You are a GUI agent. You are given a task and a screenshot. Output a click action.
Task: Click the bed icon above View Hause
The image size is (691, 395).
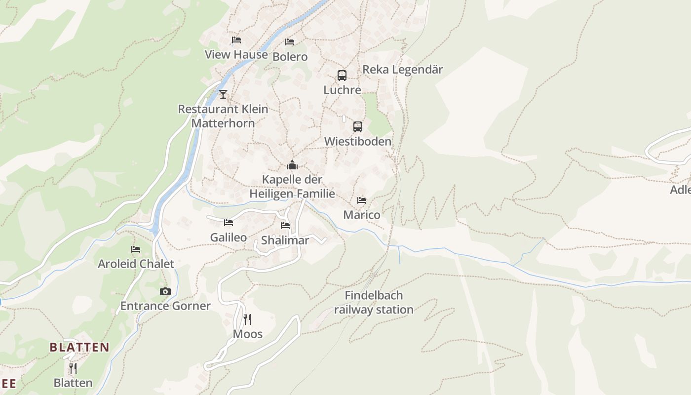tap(236, 39)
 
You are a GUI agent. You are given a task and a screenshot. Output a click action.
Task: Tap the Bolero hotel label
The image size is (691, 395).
tap(290, 57)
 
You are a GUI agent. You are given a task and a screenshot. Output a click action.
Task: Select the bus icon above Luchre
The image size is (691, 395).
tap(342, 75)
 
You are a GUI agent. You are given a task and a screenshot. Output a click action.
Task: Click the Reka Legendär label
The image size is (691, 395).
tap(402, 70)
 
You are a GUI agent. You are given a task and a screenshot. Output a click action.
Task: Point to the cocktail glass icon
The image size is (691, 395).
tap(223, 94)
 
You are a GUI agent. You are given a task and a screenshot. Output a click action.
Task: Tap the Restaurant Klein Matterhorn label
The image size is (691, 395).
tap(223, 116)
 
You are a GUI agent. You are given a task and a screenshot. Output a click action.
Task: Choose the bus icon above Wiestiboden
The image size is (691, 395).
tap(358, 127)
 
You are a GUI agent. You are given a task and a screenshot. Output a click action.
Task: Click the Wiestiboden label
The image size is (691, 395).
tap(357, 141)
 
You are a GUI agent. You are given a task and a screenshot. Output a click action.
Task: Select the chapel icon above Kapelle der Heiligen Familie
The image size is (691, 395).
tap(292, 165)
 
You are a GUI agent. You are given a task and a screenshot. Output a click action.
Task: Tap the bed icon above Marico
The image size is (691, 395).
tap(362, 200)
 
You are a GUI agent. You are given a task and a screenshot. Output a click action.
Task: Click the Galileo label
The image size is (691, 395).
tap(229, 237)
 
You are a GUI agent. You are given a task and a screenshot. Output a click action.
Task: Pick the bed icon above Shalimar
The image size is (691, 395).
tap(285, 226)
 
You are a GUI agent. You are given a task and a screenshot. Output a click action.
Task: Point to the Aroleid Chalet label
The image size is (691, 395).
tap(136, 264)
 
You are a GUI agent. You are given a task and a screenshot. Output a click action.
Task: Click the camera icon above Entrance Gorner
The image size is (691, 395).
tap(165, 291)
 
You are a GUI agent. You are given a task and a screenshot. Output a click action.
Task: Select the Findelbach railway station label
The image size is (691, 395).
tap(374, 303)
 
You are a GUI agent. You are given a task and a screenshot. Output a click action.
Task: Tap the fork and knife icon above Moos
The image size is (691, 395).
tap(247, 319)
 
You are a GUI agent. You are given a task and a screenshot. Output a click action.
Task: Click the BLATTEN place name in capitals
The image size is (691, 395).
tap(79, 347)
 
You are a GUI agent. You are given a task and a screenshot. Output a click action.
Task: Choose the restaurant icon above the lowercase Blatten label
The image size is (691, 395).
tap(73, 368)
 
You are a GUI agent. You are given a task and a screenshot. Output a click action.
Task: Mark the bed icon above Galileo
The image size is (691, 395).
tap(229, 223)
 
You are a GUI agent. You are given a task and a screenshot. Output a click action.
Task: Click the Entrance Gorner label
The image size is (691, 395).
tap(165, 306)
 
